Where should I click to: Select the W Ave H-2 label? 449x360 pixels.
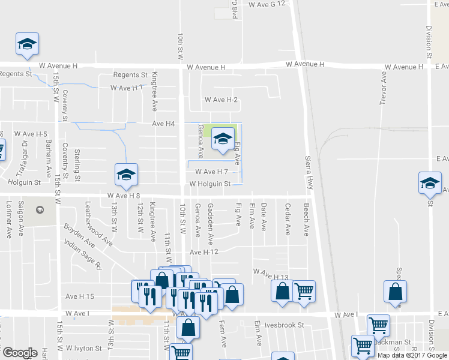coord(221,100)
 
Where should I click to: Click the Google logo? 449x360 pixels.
coord(20,353)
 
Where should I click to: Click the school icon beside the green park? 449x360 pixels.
coord(222,140)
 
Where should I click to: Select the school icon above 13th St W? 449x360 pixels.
coord(125,175)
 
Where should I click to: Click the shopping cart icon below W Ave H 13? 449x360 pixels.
coord(304,292)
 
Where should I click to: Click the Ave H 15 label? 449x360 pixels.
coord(80,296)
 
